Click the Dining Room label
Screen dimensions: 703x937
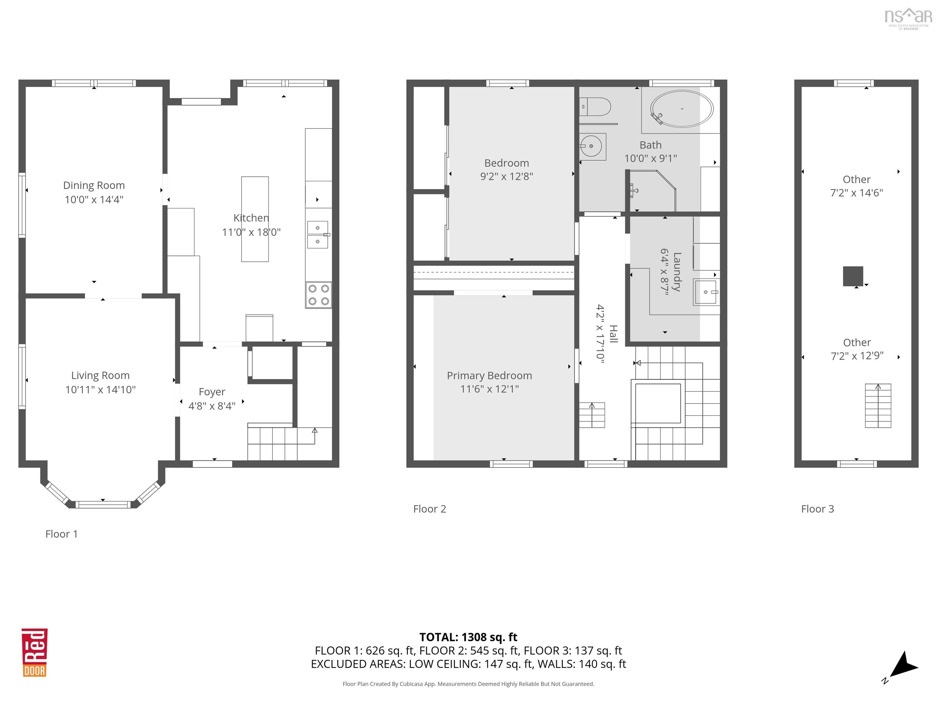94,185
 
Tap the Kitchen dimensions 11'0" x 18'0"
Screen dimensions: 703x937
251,232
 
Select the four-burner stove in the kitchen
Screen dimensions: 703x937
318,295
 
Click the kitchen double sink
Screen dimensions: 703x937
318,234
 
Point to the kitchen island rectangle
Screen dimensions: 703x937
255,219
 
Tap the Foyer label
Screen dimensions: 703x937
212,392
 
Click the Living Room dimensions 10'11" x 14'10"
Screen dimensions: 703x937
100,389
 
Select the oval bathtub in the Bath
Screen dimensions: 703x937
682,109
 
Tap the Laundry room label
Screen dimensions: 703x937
677,272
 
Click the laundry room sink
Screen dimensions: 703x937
705,292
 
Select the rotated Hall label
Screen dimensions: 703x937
613,333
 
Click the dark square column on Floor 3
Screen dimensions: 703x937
853,276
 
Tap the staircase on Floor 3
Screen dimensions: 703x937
878,406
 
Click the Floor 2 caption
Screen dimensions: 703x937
429,509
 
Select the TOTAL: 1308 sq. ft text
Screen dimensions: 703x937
468,637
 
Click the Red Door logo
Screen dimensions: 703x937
35,653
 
